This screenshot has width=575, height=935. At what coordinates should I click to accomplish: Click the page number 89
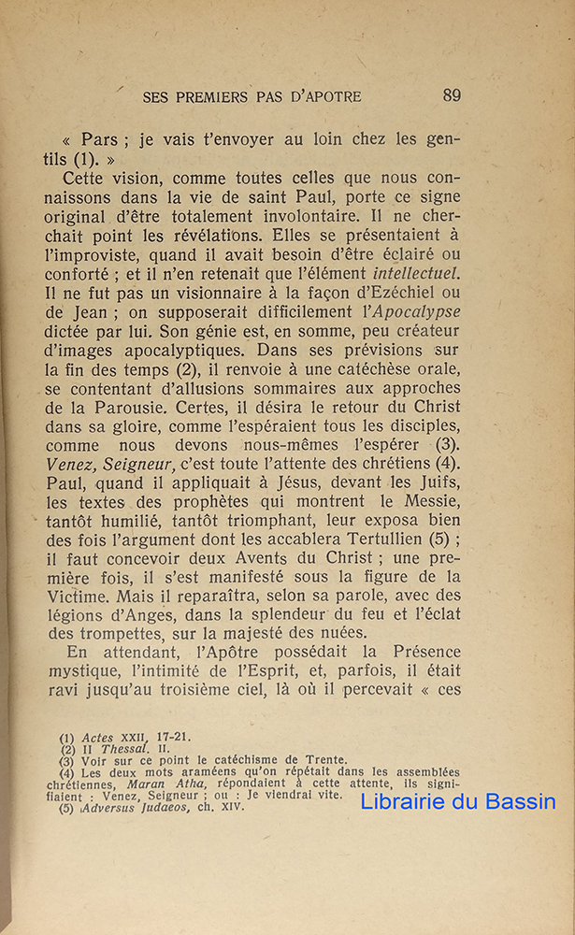tap(452, 95)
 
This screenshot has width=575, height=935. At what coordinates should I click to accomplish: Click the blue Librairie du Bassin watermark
tap(458, 801)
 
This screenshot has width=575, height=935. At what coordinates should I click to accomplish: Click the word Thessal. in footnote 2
tap(124, 749)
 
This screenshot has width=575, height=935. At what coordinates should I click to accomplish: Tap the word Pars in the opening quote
tap(99, 140)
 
